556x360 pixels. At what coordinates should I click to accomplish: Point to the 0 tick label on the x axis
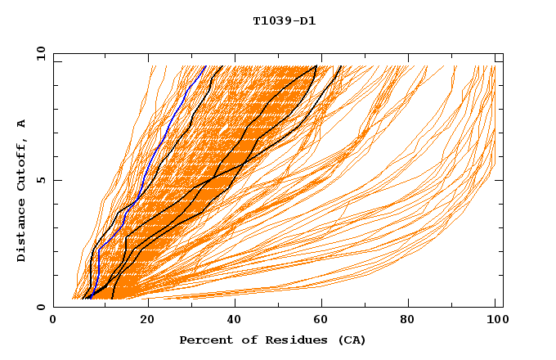tap(53, 321)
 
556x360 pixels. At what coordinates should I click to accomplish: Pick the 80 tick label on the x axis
tap(406, 321)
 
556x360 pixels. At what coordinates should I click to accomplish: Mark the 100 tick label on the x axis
tap(495, 321)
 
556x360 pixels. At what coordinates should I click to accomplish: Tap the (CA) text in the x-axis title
tap(352, 340)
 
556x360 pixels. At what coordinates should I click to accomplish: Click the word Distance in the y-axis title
tap(21, 230)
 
